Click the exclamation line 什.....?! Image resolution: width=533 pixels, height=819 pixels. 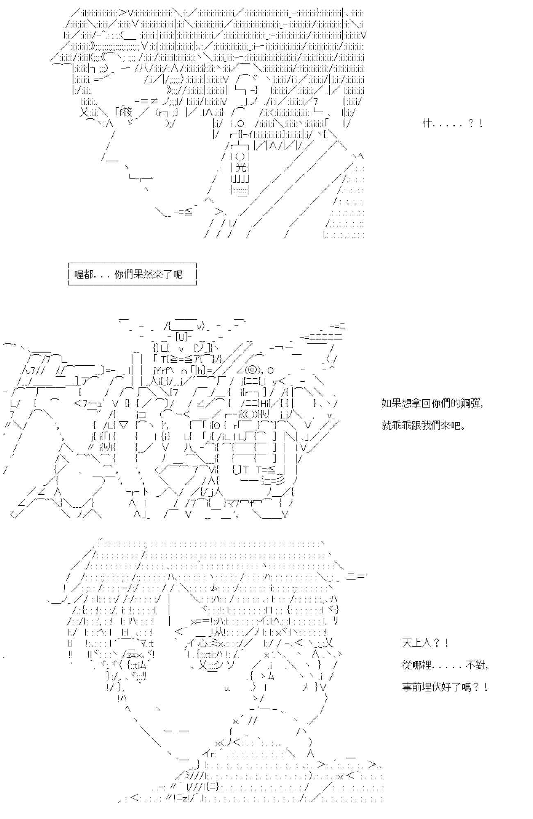[x=452, y=123]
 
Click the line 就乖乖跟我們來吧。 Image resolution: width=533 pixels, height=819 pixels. [x=424, y=425]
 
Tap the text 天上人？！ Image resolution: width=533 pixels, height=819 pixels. [x=425, y=643]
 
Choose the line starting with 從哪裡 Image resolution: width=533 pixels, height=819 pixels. [x=445, y=665]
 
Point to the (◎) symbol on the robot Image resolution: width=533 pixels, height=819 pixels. [x=252, y=370]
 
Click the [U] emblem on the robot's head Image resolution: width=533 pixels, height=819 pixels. [x=181, y=337]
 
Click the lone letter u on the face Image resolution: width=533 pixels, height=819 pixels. [x=226, y=688]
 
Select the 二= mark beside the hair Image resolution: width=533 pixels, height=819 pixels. [x=355, y=576]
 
